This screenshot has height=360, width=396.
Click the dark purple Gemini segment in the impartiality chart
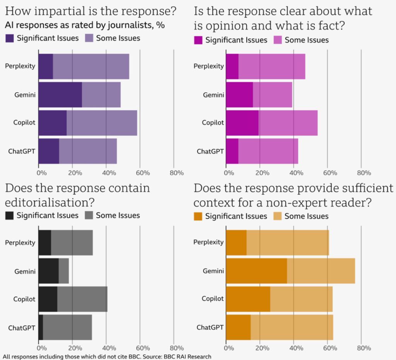click(60, 95)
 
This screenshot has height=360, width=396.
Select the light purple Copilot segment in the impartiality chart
click(102, 123)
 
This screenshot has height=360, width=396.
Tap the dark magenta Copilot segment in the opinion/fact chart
click(242, 123)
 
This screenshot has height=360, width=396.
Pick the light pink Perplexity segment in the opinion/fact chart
click(272, 67)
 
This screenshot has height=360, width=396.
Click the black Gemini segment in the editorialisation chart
click(49, 271)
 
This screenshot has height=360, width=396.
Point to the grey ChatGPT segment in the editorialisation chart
click(67, 328)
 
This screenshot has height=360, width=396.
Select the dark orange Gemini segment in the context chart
click(257, 271)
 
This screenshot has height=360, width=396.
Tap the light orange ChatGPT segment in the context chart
click(292, 328)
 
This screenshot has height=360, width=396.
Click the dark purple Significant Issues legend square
click(10, 38)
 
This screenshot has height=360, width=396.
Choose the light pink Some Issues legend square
click(278, 40)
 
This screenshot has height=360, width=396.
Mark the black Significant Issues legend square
click(10, 215)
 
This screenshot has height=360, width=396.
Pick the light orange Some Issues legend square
click(278, 216)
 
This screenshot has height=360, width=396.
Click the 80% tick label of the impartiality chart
click(177, 173)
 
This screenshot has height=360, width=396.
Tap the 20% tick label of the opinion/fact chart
click(263, 173)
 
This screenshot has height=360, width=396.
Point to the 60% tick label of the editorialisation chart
click(143, 348)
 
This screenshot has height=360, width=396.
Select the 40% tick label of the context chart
click(296, 348)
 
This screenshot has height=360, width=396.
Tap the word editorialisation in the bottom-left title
click(47, 203)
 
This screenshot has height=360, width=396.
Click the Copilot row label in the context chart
click(213, 299)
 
